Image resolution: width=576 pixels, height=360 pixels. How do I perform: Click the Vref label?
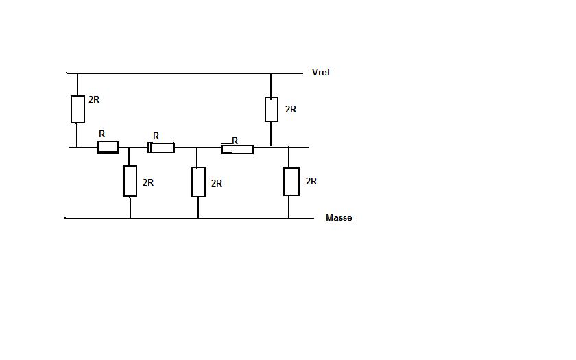pyautogui.click(x=321, y=73)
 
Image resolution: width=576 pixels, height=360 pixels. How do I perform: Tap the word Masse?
pyautogui.click(x=339, y=218)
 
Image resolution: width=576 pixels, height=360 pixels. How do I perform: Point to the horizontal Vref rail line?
pyautogui.click(x=184, y=73)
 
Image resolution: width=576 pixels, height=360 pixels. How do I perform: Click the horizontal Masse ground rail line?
pyautogui.click(x=189, y=219)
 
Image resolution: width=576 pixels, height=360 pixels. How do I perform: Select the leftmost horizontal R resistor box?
pyautogui.click(x=108, y=147)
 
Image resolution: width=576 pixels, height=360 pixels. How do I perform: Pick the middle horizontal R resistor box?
pyautogui.click(x=161, y=147)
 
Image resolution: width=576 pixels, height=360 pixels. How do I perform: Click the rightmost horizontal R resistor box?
pyautogui.click(x=237, y=149)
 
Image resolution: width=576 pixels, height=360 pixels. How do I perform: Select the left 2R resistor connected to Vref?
pyautogui.click(x=77, y=110)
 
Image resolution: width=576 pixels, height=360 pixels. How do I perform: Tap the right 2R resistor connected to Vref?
pyautogui.click(x=272, y=110)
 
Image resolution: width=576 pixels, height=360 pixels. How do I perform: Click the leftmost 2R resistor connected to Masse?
pyautogui.click(x=130, y=181)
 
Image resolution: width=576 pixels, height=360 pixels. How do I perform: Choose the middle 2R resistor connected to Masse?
pyautogui.click(x=198, y=182)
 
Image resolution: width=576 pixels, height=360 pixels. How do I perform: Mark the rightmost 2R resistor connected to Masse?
pyautogui.click(x=291, y=182)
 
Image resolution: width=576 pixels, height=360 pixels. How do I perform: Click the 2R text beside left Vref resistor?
pyautogui.click(x=94, y=99)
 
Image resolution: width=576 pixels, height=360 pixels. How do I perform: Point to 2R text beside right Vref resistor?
pyautogui.click(x=291, y=109)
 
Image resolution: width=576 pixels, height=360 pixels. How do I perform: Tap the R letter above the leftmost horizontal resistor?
pyautogui.click(x=101, y=134)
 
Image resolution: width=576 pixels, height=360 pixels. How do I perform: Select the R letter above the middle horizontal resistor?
pyautogui.click(x=156, y=136)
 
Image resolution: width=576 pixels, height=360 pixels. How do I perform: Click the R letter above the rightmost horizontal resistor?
pyautogui.click(x=235, y=141)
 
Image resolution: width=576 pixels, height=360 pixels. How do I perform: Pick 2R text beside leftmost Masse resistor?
pyautogui.click(x=148, y=182)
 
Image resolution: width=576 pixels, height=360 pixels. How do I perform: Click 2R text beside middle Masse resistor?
pyautogui.click(x=217, y=183)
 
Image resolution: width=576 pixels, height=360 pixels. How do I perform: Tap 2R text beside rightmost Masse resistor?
pyautogui.click(x=311, y=181)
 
